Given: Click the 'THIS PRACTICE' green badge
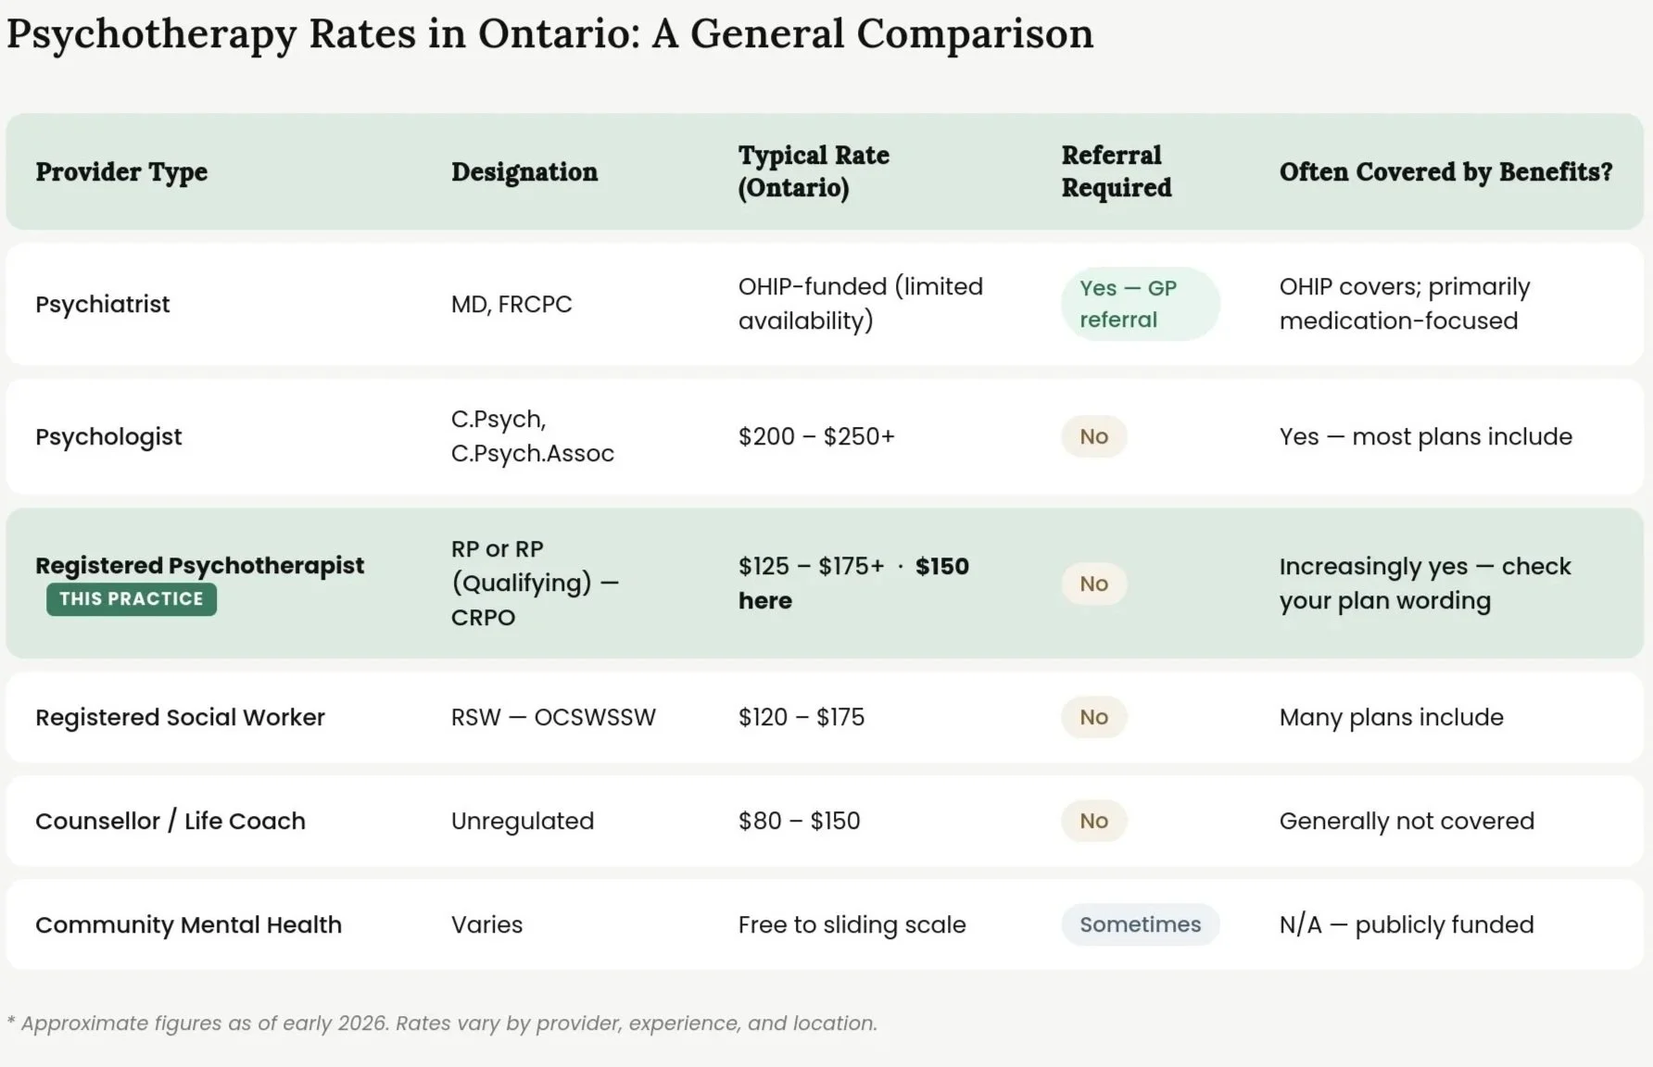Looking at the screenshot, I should [x=132, y=599].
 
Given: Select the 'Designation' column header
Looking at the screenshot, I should [x=524, y=172].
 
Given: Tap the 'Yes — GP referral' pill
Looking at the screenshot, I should [x=1139, y=304].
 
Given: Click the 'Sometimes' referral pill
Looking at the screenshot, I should [x=1140, y=924].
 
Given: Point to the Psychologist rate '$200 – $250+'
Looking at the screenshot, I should [x=816, y=436].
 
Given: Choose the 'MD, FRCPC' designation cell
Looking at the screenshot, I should [x=511, y=305].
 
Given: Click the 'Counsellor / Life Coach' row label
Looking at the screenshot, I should [x=170, y=822].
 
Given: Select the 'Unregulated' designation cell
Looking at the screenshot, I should [x=523, y=822].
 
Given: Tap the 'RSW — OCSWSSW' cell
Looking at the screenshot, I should [x=553, y=718].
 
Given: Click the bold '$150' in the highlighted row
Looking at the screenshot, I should [x=941, y=567].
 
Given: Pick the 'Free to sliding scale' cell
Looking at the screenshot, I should [x=852, y=925].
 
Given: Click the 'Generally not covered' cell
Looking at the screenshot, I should [x=1407, y=822].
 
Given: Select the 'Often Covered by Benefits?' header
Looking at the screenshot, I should [x=1445, y=172].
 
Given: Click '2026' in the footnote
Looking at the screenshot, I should [x=363, y=1023].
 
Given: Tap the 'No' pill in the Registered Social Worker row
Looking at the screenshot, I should [x=1093, y=718].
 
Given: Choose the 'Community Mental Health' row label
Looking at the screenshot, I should [x=188, y=925].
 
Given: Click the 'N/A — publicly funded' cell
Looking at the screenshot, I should [x=1407, y=925].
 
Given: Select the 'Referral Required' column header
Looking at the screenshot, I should [x=1116, y=171].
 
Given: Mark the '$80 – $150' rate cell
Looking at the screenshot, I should [x=799, y=822].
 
